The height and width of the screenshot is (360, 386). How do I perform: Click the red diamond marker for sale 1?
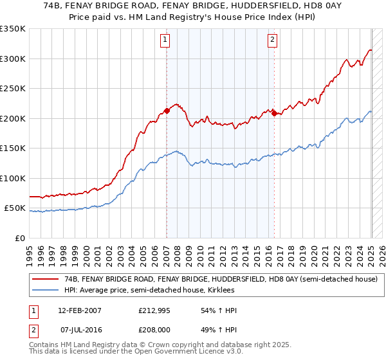(x=167, y=111)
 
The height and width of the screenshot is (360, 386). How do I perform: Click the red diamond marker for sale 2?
(x=273, y=114)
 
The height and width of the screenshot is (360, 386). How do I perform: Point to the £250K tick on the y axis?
(x=13, y=89)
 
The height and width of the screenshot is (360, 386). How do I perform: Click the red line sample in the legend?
(x=45, y=279)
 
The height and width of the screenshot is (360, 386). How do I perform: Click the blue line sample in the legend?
(x=45, y=290)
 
